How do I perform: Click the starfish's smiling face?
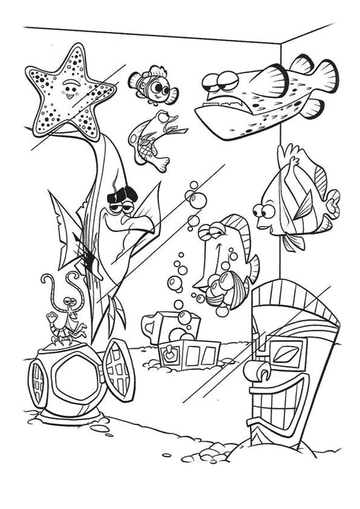pos(71,91)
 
